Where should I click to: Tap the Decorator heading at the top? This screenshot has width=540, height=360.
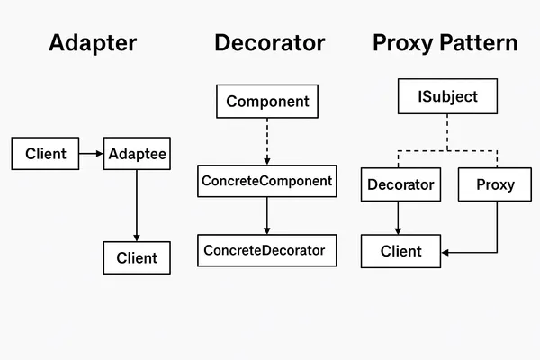tap(269, 42)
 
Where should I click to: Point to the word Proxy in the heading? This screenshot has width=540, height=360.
tap(401, 42)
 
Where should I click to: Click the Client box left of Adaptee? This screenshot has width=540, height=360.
tap(45, 154)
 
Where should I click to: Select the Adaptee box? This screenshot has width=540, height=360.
tap(137, 154)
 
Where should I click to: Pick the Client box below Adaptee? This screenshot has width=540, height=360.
tap(137, 257)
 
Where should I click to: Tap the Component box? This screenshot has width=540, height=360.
tap(267, 102)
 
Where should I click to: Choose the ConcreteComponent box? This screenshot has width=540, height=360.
tap(267, 181)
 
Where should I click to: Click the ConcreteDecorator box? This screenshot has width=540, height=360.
tap(267, 249)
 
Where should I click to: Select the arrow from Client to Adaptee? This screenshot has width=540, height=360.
tap(92, 154)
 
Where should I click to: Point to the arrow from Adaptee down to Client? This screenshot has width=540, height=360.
tap(137, 205)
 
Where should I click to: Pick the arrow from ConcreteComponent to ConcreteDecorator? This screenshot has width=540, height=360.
tap(267, 216)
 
